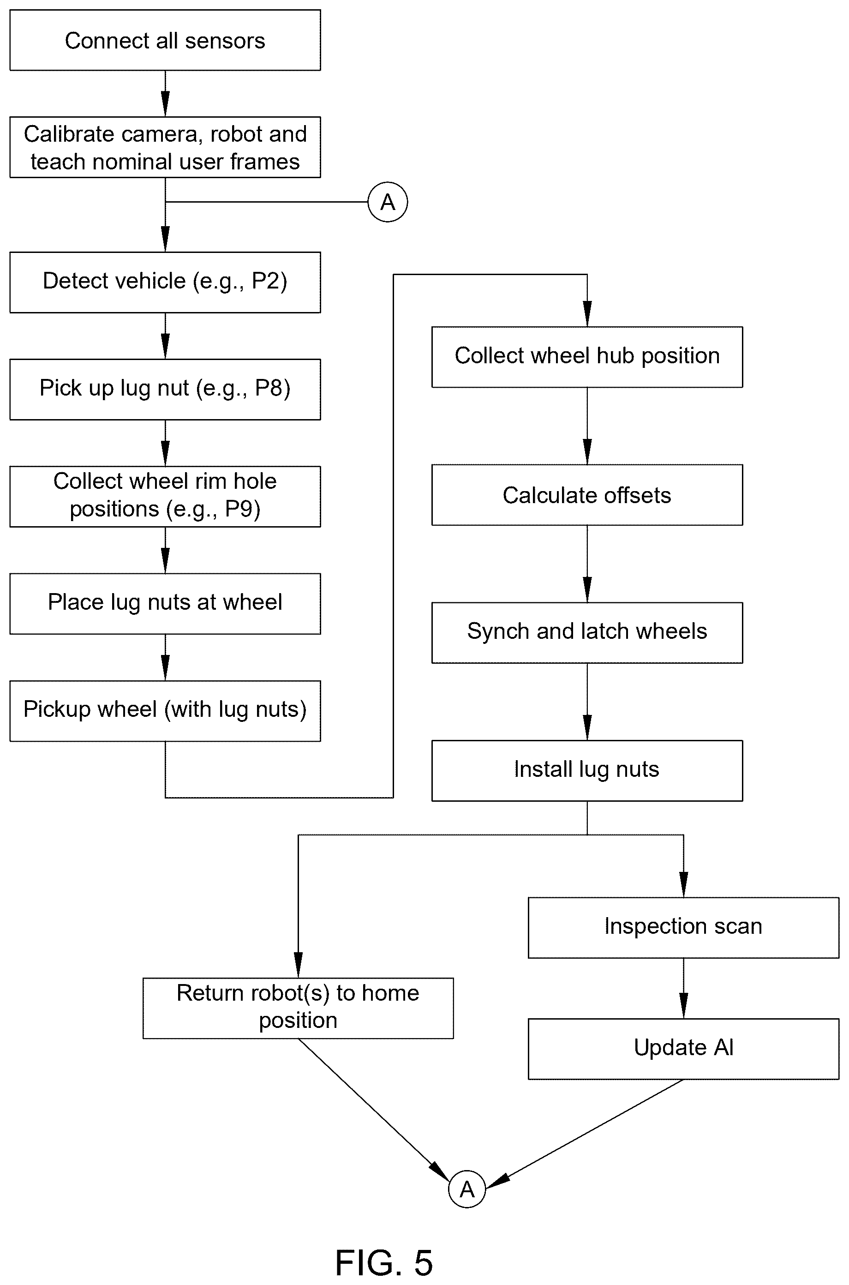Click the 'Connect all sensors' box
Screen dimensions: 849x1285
tap(165, 40)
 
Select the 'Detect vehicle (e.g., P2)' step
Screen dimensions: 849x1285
tap(165, 282)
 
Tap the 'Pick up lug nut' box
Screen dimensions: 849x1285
tap(165, 390)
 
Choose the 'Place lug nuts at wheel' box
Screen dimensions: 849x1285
tap(165, 604)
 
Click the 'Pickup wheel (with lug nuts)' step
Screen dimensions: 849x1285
tap(165, 711)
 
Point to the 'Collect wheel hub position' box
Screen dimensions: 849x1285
tap(587, 357)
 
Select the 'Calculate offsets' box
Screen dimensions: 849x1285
tap(587, 495)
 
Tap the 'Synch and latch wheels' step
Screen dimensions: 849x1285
tap(587, 633)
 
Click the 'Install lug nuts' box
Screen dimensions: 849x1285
tap(587, 770)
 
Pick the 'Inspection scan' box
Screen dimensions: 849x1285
tap(683, 928)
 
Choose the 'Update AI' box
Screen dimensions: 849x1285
tap(683, 1049)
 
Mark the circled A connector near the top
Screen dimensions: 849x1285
tap(388, 202)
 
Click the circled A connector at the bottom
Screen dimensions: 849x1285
tap(467, 1189)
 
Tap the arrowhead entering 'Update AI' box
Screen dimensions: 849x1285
tap(683, 1006)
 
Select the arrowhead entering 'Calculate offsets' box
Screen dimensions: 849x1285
tap(587, 452)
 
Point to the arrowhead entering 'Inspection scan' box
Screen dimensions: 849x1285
tap(683, 885)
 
